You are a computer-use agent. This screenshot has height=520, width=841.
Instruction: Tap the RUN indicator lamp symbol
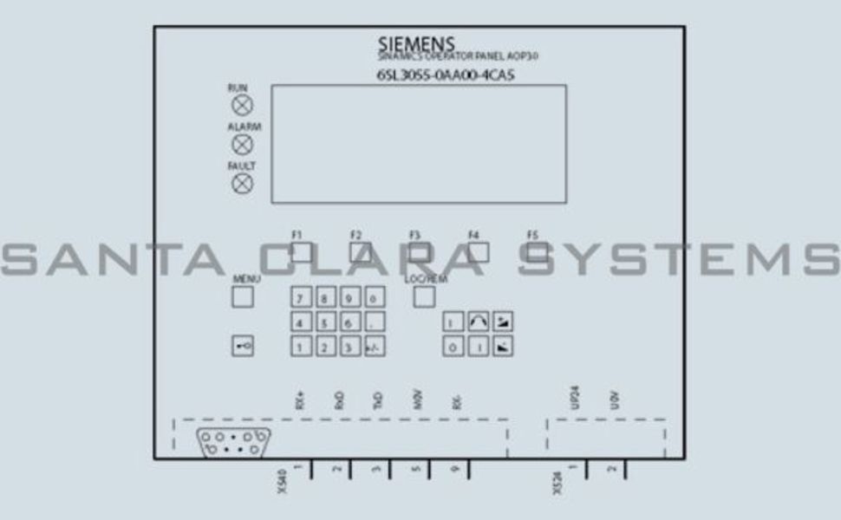tap(243, 106)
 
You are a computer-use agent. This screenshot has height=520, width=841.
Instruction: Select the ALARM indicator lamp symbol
tap(244, 145)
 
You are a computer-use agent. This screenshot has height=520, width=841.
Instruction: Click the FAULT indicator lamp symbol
tap(243, 183)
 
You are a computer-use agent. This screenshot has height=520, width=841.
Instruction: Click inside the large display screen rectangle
tap(419, 144)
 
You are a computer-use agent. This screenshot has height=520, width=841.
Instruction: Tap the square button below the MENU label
tap(243, 297)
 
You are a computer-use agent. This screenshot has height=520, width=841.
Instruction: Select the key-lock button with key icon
tap(243, 346)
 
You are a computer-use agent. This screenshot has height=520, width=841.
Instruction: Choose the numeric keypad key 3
tap(349, 348)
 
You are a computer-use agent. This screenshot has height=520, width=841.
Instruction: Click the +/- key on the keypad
tap(374, 348)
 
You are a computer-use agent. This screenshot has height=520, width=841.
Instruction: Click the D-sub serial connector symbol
tap(232, 442)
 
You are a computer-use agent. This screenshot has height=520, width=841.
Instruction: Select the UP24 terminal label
tap(574, 398)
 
